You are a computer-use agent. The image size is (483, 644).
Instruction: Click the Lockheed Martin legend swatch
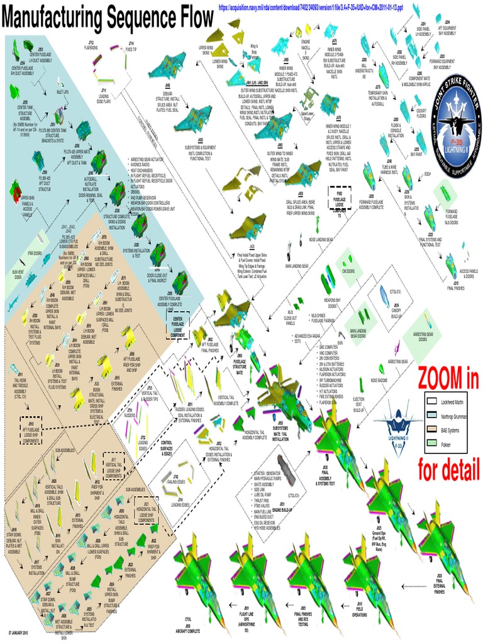tap(431, 400)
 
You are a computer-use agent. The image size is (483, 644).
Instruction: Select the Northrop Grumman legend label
tap(454, 415)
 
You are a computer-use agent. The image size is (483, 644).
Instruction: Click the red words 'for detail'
tap(448, 467)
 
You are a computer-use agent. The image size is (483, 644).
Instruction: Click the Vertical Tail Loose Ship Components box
tap(114, 464)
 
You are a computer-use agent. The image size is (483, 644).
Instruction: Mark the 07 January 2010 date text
tap(21, 631)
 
